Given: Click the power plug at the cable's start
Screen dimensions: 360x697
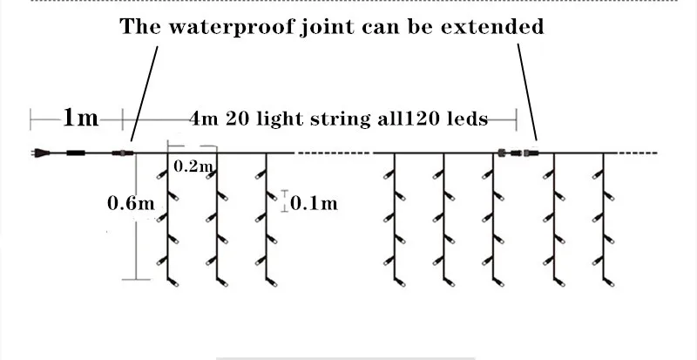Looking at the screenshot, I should pos(37,153).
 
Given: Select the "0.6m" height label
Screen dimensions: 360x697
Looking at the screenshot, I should pos(130,203).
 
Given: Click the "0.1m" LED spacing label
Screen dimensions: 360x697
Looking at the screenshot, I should pos(313,203).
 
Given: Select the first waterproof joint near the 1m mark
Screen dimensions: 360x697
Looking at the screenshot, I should pos(123,153).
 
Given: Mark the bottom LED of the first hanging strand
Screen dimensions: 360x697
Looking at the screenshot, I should pos(171,282).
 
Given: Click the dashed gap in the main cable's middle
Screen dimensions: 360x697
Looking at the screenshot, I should pos(333,153).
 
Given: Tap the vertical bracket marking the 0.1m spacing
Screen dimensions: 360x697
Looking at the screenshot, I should pos(283,201).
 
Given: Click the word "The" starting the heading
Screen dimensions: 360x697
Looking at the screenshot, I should pos(140,26).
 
